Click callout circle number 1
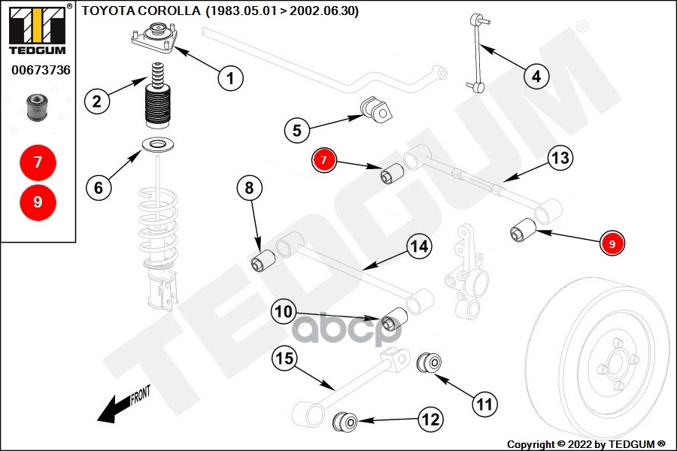[x=230, y=77]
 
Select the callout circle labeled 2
[x=96, y=101]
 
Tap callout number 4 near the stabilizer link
[x=536, y=76]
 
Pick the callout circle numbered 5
[x=297, y=130]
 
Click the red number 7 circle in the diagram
[x=324, y=160]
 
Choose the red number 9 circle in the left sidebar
[x=38, y=201]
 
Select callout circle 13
[x=560, y=159]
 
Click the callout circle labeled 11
[x=486, y=404]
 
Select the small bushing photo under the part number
[x=37, y=107]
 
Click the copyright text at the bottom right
[x=587, y=443]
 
